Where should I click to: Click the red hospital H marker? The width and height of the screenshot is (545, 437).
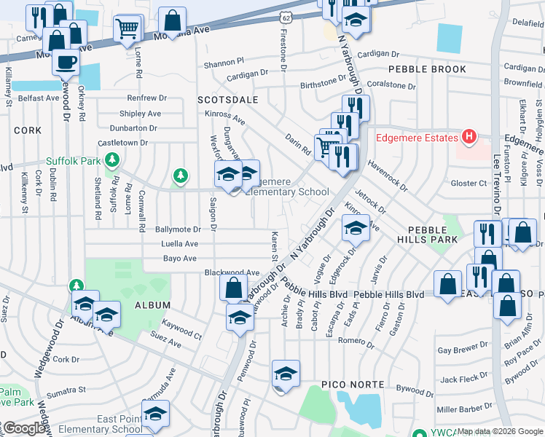point(469,137)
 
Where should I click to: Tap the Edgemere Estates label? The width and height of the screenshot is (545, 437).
point(417,138)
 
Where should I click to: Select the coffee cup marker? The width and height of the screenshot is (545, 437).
point(66,63)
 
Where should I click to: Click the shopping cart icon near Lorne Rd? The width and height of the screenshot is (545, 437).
point(128,30)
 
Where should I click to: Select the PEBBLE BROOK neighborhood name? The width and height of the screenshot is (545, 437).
point(427,69)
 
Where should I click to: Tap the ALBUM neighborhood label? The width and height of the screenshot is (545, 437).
point(152,305)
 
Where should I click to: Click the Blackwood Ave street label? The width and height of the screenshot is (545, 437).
point(232,272)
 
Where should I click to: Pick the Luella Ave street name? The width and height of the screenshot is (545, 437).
point(180,244)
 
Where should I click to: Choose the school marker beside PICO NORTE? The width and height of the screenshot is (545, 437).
point(286,374)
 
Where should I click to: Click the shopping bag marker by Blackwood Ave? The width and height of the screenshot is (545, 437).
point(233,288)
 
